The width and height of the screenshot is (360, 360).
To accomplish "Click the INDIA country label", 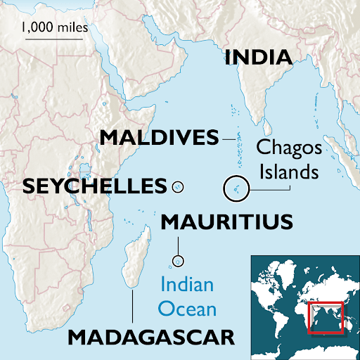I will [x=259, y=57].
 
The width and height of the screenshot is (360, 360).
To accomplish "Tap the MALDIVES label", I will [x=159, y=137].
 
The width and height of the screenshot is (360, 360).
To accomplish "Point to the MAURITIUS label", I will [x=226, y=223].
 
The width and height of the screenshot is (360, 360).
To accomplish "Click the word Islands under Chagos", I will [x=288, y=171].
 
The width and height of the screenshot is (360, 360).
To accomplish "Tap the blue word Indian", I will [x=186, y=286].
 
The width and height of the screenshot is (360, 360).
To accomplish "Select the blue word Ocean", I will [x=186, y=307].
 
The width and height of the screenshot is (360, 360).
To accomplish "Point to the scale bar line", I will [x=49, y=39].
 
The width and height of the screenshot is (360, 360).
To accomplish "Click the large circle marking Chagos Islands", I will [x=236, y=188].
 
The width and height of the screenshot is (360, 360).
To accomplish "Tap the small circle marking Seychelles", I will [x=178, y=187].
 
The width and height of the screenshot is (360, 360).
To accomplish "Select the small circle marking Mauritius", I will [x=178, y=261].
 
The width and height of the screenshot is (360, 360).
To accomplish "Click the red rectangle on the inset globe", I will [x=326, y=317].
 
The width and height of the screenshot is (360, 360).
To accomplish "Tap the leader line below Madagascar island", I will [x=131, y=306].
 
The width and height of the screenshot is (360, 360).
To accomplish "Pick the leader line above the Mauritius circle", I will [x=178, y=247].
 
